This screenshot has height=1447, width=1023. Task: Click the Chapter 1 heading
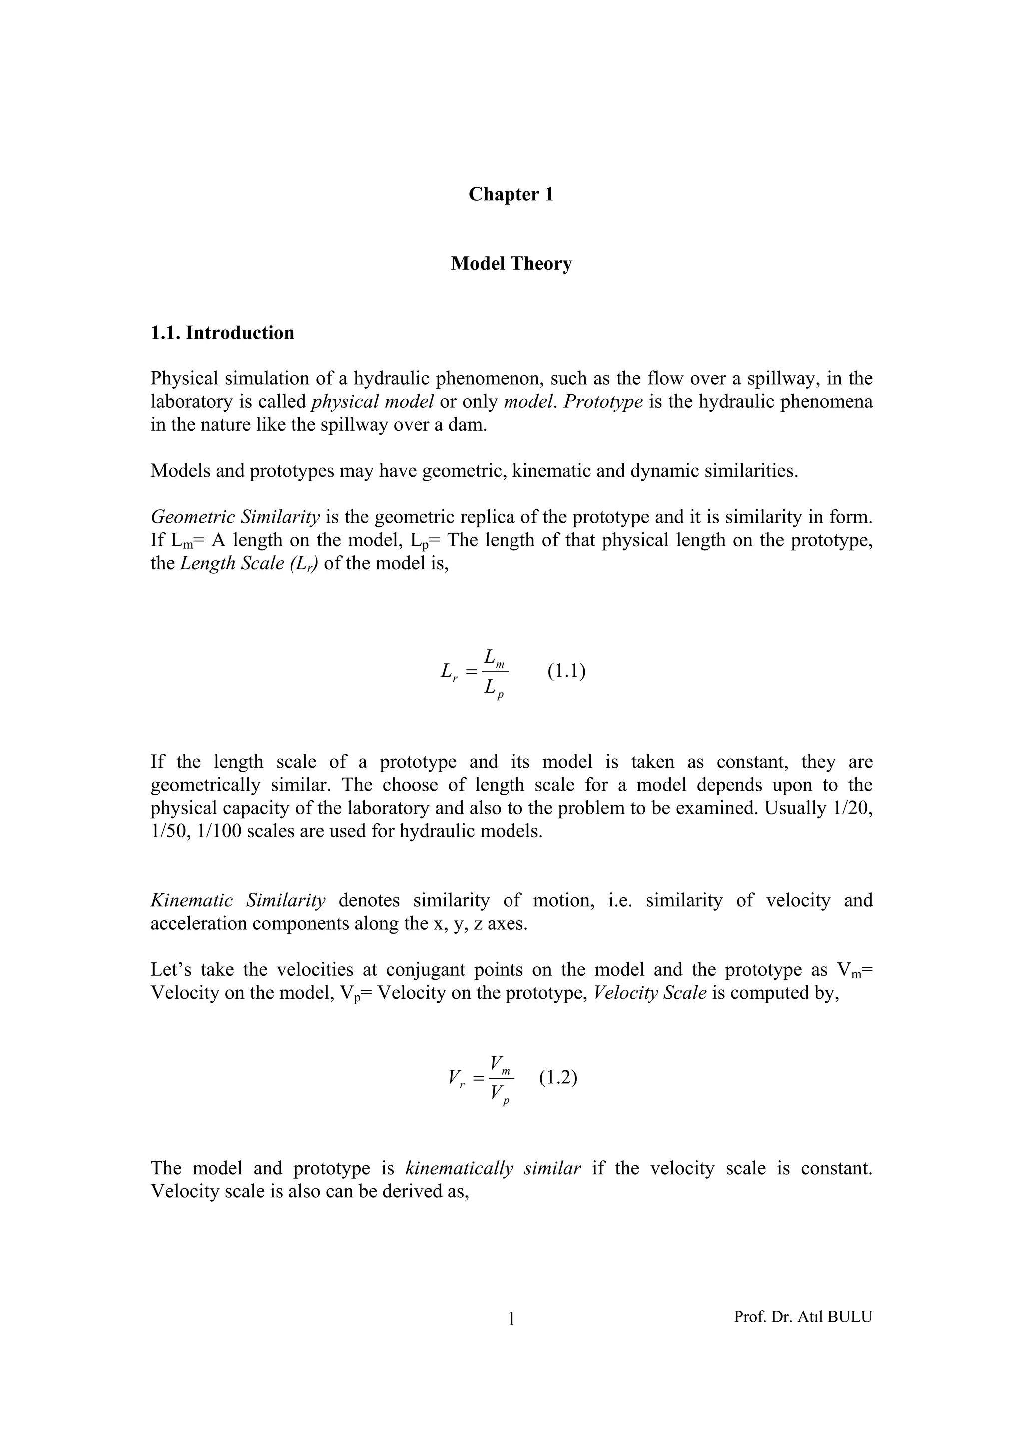[x=511, y=194]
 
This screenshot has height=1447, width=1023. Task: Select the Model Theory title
[x=511, y=264]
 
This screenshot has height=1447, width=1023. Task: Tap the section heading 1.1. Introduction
[x=222, y=333]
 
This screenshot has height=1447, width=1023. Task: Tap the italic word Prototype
[x=603, y=402]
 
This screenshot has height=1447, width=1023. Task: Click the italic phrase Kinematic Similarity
[x=238, y=901]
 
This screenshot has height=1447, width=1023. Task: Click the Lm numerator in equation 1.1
[x=494, y=658]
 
